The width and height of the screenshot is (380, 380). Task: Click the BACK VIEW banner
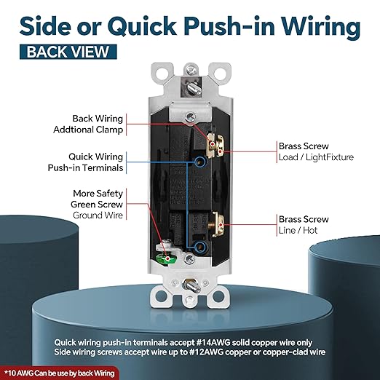coord(68,52)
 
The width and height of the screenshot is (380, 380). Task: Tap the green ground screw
coord(167,258)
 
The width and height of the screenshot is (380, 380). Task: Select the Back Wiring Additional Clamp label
coord(88,124)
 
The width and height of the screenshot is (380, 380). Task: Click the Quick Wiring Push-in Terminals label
coord(85,162)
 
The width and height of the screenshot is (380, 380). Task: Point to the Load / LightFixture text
coord(316,157)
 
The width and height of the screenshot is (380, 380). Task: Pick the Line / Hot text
coord(298,230)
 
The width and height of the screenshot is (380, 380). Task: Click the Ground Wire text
coord(98,215)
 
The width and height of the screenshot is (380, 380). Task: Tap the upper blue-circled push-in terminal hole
coord(200,161)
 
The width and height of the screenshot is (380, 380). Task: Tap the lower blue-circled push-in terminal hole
coord(200,247)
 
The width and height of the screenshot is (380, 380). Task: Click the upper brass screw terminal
coord(215,146)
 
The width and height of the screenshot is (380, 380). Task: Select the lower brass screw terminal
coord(218,224)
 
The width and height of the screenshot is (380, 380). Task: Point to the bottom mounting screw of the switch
coord(191,285)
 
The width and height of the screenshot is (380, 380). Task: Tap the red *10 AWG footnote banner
coord(60,373)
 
